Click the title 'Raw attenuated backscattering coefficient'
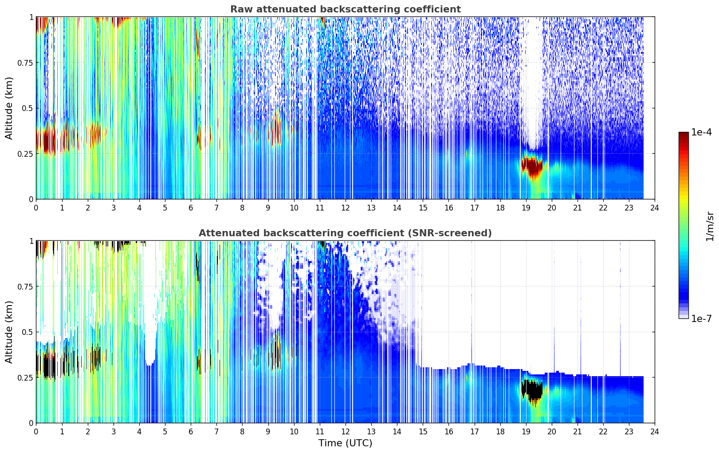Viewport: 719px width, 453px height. click(345, 9)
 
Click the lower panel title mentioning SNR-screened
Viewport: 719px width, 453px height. click(345, 233)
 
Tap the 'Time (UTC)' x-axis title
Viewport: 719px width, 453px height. click(345, 443)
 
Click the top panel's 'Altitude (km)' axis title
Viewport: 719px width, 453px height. click(9, 108)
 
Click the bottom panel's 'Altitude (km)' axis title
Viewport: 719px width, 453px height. click(9, 332)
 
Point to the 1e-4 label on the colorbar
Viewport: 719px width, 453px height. click(701, 132)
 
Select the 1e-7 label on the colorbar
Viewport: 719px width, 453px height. click(701, 318)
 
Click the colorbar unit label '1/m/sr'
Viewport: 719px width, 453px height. click(710, 226)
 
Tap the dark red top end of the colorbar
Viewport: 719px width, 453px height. click(684, 135)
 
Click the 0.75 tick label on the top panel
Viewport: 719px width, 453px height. click(25, 63)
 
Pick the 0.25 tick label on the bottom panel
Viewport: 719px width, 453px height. click(25, 377)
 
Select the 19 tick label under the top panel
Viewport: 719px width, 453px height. click(526, 207)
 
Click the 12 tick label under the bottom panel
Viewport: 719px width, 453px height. click(346, 431)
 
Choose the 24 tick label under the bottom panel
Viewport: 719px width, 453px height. click(655, 431)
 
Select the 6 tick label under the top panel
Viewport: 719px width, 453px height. click(191, 207)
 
